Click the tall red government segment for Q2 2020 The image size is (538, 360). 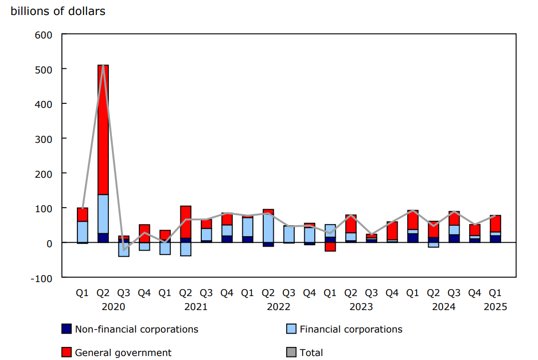[x=103, y=130]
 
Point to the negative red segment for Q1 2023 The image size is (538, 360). [x=330, y=247]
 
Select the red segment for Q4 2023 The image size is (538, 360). [x=392, y=231]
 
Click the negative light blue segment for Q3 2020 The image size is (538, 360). [x=124, y=249]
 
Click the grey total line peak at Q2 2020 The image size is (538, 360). [x=103, y=66]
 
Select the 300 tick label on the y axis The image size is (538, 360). [x=44, y=138]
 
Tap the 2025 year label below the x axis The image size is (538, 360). [x=495, y=307]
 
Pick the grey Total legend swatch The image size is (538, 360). [x=291, y=353]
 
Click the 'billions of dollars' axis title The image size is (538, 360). [x=58, y=11]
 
